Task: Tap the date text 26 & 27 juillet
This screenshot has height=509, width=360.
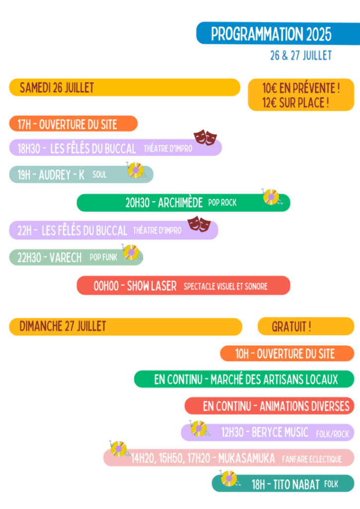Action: click(x=300, y=56)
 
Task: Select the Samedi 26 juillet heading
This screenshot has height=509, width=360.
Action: click(x=57, y=88)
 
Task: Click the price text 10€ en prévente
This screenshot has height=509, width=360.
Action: click(x=301, y=88)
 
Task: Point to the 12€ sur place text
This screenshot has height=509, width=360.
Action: click(x=295, y=103)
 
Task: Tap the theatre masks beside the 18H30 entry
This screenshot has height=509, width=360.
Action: click(x=205, y=137)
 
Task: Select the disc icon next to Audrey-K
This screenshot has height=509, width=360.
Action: click(x=135, y=170)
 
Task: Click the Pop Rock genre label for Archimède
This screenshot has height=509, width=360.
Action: click(x=222, y=203)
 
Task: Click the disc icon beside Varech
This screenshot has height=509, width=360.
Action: click(x=131, y=252)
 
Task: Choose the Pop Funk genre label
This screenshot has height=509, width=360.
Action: click(x=103, y=257)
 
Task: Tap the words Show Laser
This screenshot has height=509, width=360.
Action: click(x=152, y=286)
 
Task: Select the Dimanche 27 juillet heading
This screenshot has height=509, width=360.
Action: click(x=63, y=326)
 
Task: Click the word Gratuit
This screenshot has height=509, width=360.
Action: click(x=291, y=327)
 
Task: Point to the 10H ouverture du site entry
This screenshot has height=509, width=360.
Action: click(x=285, y=354)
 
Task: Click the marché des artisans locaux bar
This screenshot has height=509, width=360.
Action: click(x=246, y=380)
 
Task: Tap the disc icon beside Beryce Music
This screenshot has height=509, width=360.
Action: click(x=199, y=428)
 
